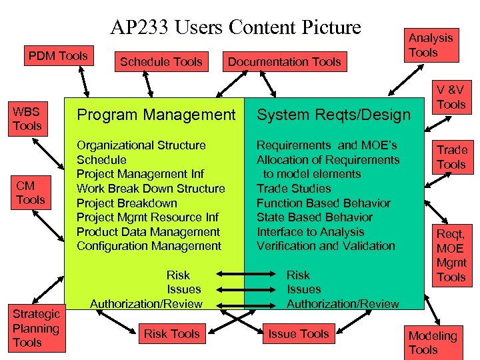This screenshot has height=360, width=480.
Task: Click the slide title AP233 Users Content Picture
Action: (236, 27)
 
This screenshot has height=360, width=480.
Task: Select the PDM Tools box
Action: (58, 56)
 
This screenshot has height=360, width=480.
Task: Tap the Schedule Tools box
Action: (161, 62)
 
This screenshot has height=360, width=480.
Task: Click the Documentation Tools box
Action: (285, 62)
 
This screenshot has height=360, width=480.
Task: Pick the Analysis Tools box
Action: (431, 45)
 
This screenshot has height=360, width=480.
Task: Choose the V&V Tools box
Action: (451, 97)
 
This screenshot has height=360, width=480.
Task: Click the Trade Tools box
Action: (451, 157)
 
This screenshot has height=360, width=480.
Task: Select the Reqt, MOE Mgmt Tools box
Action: (451, 255)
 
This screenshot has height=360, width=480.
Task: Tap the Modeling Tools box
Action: (433, 343)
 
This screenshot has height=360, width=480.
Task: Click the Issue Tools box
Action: (298, 334)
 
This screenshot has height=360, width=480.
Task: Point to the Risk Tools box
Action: (172, 334)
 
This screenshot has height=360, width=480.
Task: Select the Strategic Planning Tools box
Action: (36, 328)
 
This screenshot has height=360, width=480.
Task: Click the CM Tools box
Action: (31, 192)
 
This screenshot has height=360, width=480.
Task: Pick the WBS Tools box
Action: (27, 118)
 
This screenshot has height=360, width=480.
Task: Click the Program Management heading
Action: (156, 115)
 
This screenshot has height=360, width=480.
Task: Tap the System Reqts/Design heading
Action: (333, 115)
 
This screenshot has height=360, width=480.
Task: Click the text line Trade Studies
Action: (293, 189)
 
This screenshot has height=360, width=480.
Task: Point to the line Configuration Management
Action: (149, 246)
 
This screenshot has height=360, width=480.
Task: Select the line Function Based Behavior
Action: (323, 203)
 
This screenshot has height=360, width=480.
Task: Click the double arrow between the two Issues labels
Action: (243, 289)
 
